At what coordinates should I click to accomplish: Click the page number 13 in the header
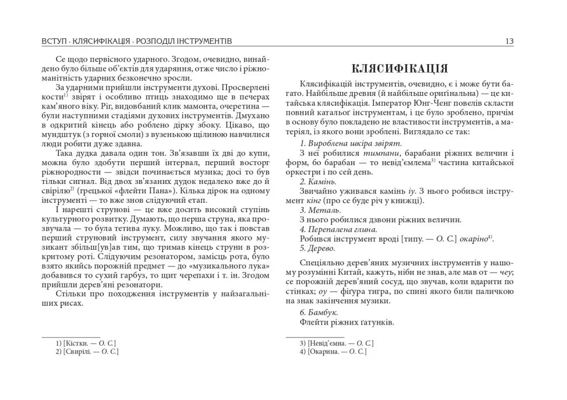[509, 42]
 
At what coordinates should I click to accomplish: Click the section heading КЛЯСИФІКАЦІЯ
[400, 69]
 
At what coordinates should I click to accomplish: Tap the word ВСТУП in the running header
[53, 42]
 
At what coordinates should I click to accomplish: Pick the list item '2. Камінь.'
[318, 181]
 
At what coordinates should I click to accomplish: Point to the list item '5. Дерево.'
[318, 248]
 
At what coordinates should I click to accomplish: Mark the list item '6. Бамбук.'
[319, 312]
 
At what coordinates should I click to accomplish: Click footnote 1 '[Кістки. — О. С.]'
[86, 343]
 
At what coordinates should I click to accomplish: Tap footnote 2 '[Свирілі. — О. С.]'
[88, 351]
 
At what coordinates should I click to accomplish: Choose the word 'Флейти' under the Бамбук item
[312, 322]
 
